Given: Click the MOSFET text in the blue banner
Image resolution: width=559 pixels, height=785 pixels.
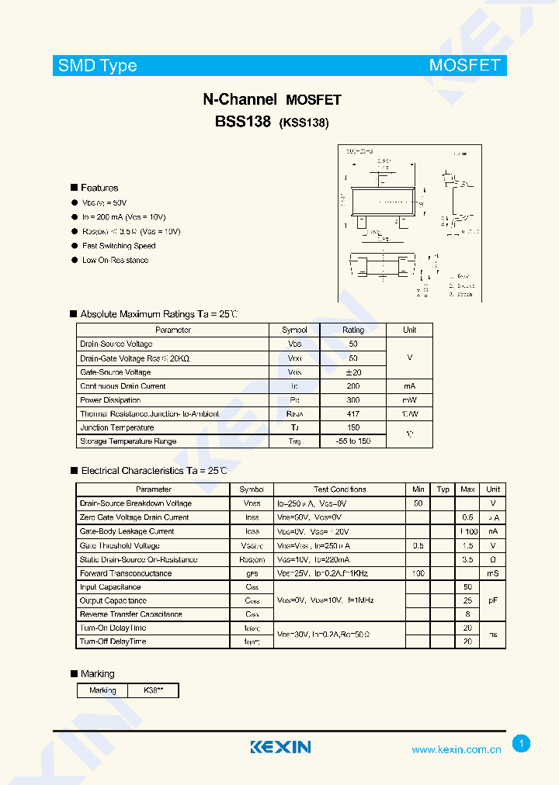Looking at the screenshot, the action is pos(464,65).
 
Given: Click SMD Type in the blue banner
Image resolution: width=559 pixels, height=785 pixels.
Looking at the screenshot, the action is pos(97,66).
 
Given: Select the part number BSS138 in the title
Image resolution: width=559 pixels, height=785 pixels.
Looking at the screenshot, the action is pos(242,122).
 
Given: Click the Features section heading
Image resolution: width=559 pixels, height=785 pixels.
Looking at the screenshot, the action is pos(99,188).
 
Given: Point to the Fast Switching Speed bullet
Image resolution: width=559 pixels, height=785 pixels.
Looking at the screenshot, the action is pos(119,246).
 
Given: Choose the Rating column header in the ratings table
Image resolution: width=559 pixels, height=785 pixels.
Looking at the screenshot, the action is pos(353,330).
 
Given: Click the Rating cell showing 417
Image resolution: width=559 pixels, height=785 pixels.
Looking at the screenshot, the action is pos(353,414).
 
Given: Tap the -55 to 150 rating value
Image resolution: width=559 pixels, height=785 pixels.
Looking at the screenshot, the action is pos(353,441).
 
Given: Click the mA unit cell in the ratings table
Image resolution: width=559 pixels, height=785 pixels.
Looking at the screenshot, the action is pos(409,386).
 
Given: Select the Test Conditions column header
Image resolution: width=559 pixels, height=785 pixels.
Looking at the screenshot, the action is pos(339,489).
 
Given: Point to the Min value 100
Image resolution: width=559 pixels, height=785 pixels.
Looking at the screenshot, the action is pos(418,573).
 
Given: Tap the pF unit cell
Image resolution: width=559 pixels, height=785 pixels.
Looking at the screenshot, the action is pos(493,601).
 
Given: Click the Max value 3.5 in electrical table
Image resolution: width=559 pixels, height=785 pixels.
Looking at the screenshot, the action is pos(467,559).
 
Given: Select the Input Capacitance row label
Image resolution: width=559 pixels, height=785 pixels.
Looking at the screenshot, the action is pos(109,587).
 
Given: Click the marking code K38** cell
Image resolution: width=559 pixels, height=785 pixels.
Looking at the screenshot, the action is pos(154,690).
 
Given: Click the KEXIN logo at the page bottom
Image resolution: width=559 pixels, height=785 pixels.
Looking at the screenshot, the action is pos(279,747).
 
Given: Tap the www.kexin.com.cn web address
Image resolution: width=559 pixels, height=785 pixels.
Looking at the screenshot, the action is pos(456,750).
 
